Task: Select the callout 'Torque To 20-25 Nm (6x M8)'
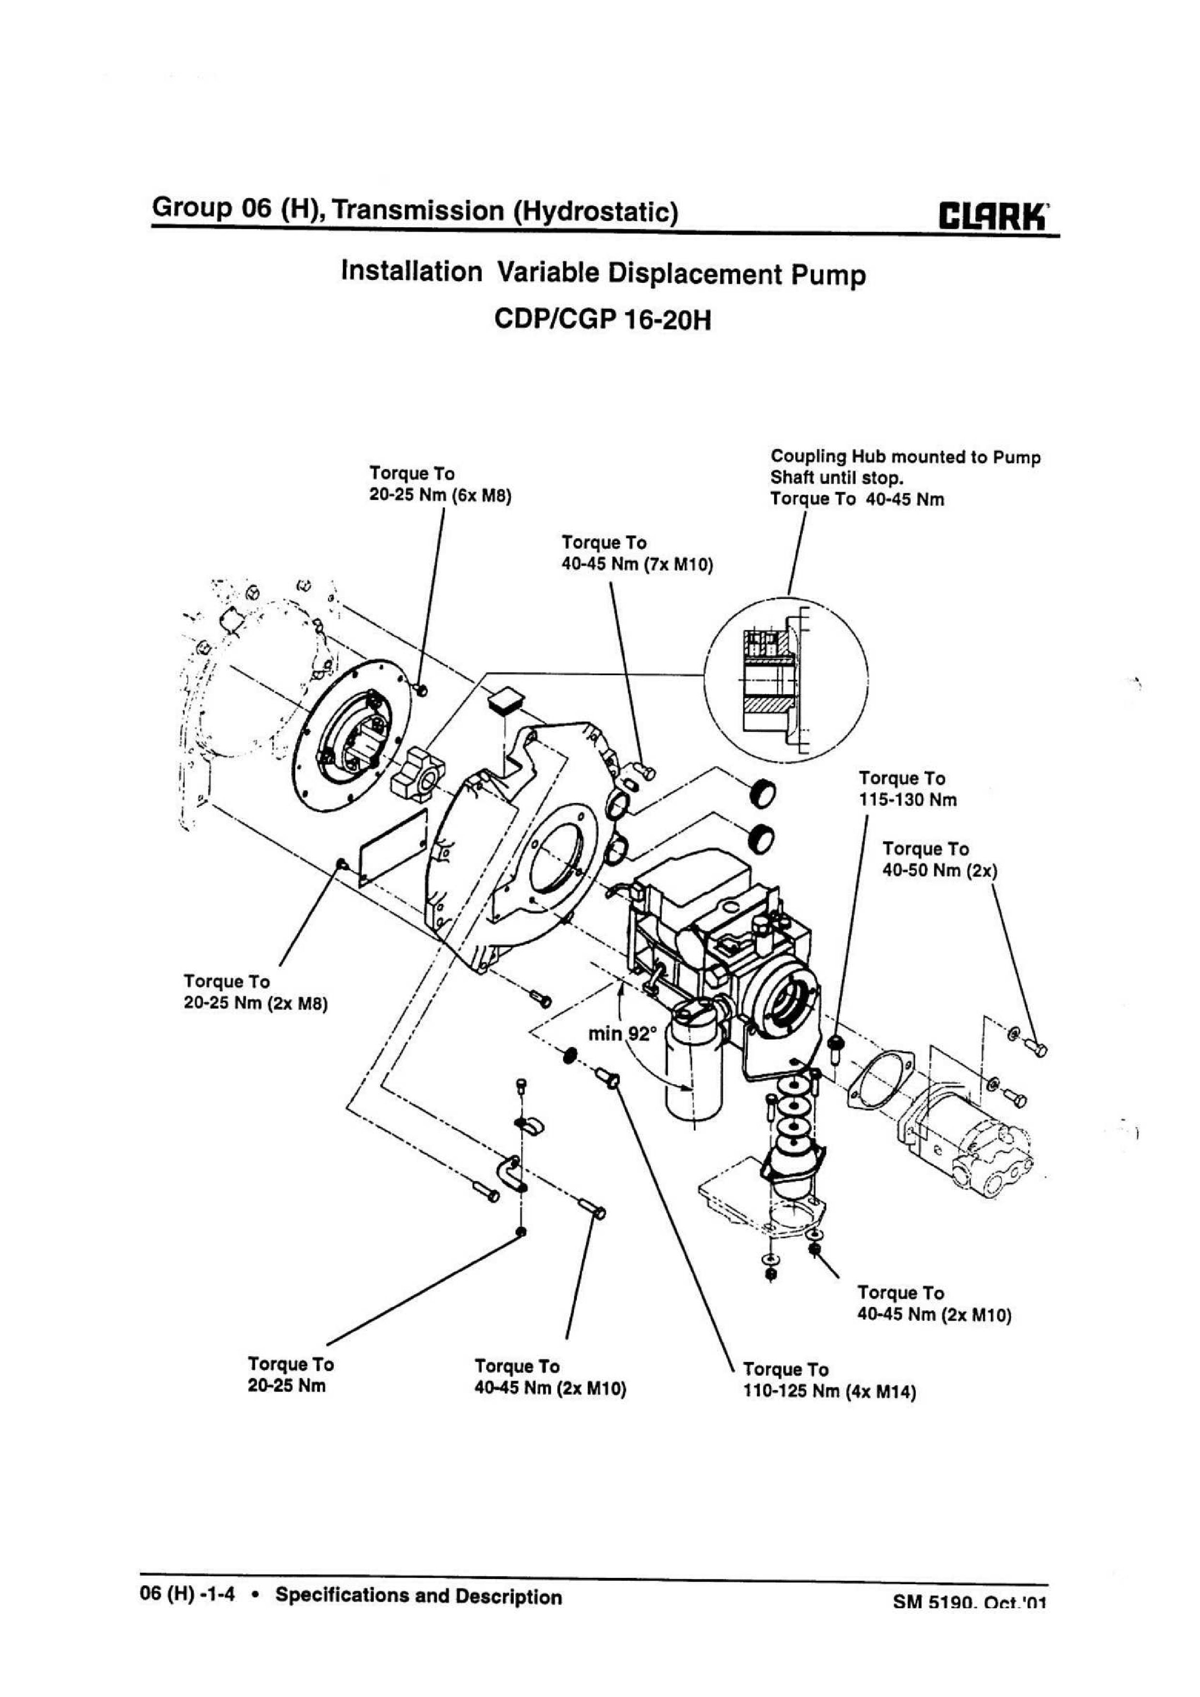pyautogui.click(x=441, y=484)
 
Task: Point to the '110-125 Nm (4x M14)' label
pyautogui.click(x=829, y=1393)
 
